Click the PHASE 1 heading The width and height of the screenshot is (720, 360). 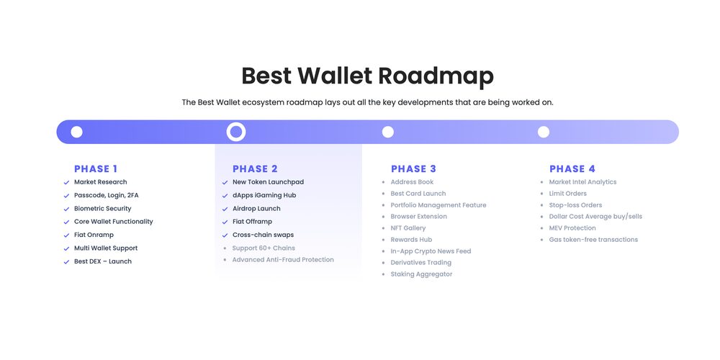coord(96,169)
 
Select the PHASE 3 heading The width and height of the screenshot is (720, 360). coord(413,169)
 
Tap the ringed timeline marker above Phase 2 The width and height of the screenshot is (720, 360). coord(236,132)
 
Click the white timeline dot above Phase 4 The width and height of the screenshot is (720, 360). coord(543,132)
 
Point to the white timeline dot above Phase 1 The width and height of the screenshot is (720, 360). coord(77,132)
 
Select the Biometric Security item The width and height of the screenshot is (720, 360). coord(102,209)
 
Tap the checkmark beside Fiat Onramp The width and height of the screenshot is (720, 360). coord(66,235)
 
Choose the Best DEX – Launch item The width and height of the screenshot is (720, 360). coord(103,261)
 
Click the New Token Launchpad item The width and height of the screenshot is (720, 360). coord(268,182)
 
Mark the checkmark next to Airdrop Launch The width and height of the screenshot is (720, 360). coord(225,210)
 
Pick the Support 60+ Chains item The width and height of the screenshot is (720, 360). coord(264,248)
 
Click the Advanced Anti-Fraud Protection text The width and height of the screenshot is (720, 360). coord(283,259)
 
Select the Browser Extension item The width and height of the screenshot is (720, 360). coord(419,216)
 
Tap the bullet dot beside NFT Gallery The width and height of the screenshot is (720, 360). coord(384,228)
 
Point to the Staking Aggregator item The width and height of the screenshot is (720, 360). coord(421,274)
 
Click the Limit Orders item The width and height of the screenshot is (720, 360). coord(567,193)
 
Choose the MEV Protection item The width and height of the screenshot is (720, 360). coord(572,228)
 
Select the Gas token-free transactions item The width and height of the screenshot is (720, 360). coord(593,239)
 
